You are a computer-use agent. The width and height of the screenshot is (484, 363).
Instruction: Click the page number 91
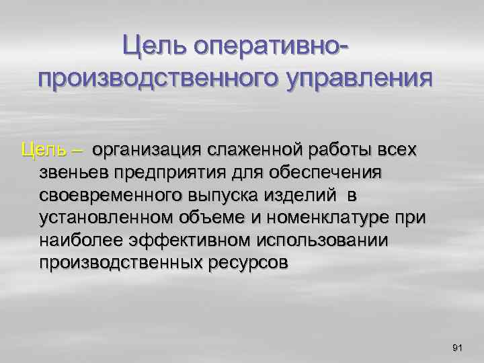coord(458,347)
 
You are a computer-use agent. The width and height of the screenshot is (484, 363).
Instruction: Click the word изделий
coord(299,195)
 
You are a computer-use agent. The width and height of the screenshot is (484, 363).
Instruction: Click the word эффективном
coord(182,240)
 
